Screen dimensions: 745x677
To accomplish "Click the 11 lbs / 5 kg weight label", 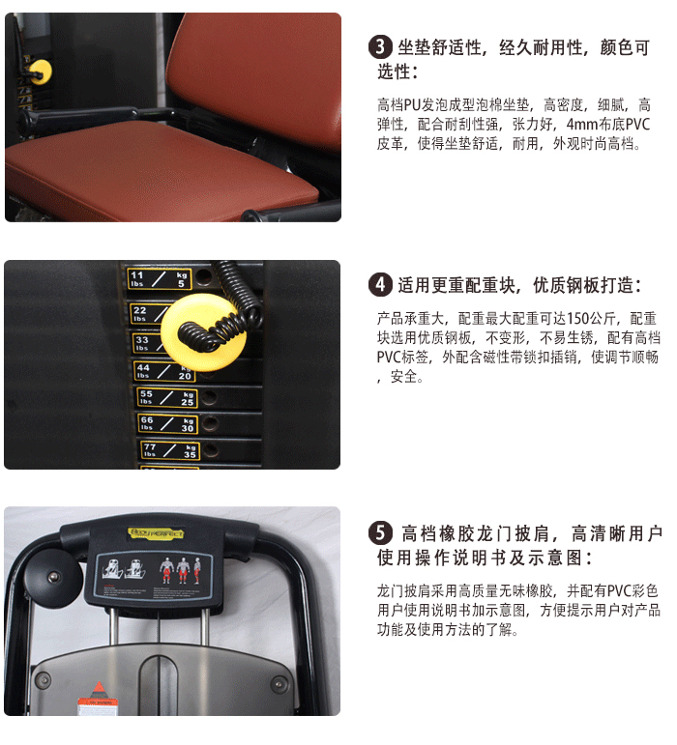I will tap(160, 279).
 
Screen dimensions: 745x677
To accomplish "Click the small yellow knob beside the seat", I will tap(40, 71).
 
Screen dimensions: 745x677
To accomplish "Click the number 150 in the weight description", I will tap(578, 318).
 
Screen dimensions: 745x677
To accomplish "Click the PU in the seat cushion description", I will tap(414, 104).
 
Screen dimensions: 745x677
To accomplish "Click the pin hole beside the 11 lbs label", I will tap(204, 277).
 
